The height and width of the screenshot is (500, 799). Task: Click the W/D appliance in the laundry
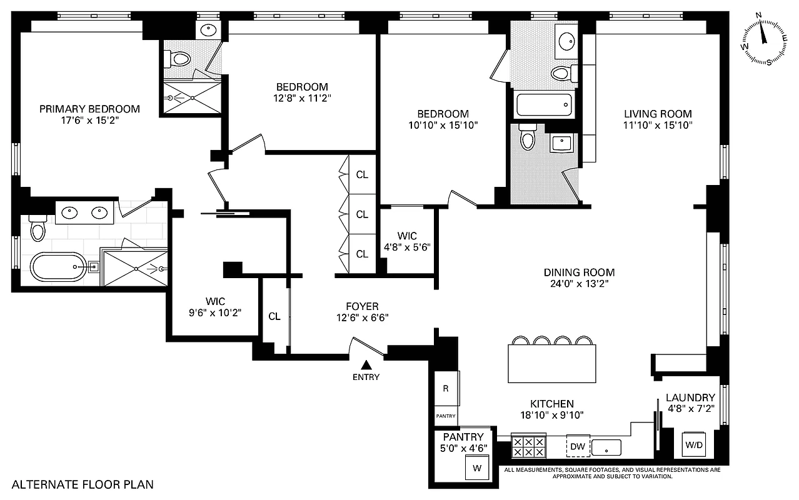click(x=693, y=446)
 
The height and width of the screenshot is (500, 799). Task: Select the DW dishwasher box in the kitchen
click(x=577, y=447)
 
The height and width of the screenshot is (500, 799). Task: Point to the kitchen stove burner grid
click(x=528, y=446)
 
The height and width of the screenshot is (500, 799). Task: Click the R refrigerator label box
click(x=446, y=388)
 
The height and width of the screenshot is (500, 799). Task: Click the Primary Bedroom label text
click(x=89, y=109)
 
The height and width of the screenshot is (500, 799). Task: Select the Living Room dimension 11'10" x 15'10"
click(x=658, y=125)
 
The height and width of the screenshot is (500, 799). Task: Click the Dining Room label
click(x=579, y=272)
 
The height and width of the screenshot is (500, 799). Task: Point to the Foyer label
click(x=362, y=306)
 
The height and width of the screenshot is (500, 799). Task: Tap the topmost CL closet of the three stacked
click(x=362, y=174)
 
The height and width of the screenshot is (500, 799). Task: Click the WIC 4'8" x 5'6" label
click(x=407, y=241)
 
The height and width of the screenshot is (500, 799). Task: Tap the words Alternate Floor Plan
click(x=83, y=484)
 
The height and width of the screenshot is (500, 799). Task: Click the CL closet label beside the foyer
click(x=274, y=316)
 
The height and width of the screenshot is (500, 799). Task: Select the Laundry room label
click(x=690, y=397)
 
